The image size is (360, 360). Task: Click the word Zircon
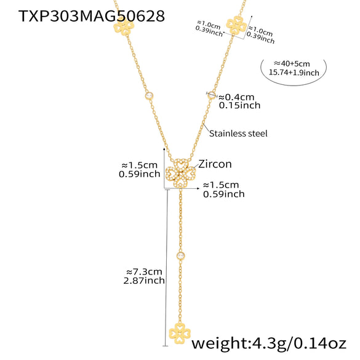pyautogui.click(x=214, y=164)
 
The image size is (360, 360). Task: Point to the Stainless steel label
pyautogui.click(x=238, y=133)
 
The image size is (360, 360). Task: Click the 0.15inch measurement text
pyautogui.click(x=240, y=105)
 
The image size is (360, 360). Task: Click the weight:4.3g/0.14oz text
pyautogui.click(x=273, y=343)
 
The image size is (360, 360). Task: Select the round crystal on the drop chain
pyautogui.click(x=181, y=255)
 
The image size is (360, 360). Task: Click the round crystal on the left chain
pyautogui.click(x=148, y=95)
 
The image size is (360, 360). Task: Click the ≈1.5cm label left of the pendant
pyautogui.click(x=139, y=165)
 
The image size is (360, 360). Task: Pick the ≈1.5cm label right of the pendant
pyautogui.click(x=224, y=185)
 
